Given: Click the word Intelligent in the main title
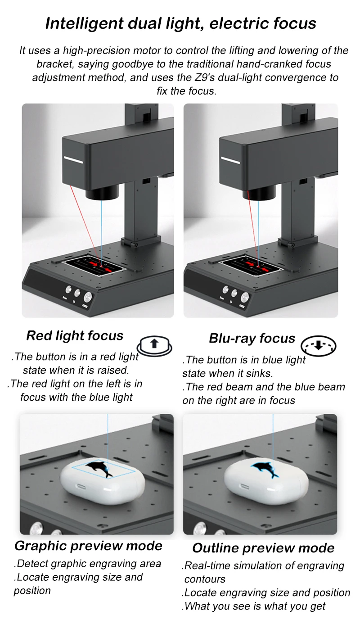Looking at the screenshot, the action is (84, 24).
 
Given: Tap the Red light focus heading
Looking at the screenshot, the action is (75, 336).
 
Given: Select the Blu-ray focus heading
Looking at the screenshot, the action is (252, 339).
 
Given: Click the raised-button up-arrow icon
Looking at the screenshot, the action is (154, 346).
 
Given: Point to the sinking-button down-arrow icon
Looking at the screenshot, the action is (319, 346).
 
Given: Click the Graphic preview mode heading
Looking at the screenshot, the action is (88, 546).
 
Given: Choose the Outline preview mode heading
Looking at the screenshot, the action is (263, 548).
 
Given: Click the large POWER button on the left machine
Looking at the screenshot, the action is (88, 297).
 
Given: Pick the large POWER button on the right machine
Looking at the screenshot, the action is (245, 297).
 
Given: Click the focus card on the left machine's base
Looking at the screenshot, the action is (93, 266).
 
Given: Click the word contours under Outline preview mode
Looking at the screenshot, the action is (205, 579).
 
